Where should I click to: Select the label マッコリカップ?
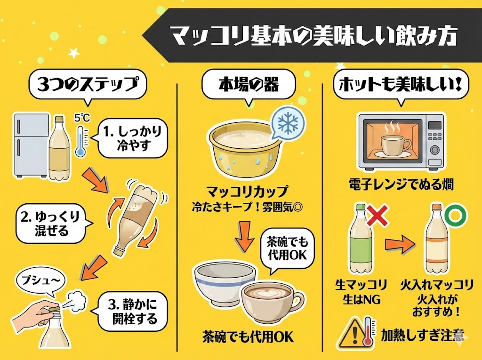click(x=247, y=192)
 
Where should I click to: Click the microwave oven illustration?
click(x=401, y=141)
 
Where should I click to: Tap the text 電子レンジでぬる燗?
click(x=401, y=184)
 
